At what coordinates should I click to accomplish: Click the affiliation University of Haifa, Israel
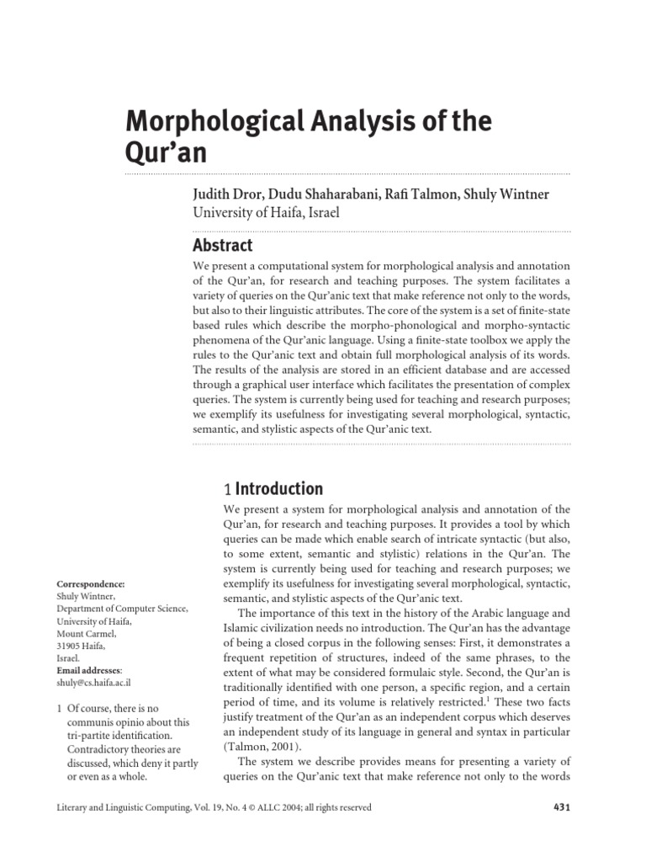[x=266, y=212]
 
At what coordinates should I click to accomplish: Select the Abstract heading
[x=222, y=245]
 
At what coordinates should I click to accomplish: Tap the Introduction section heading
[x=278, y=488]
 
